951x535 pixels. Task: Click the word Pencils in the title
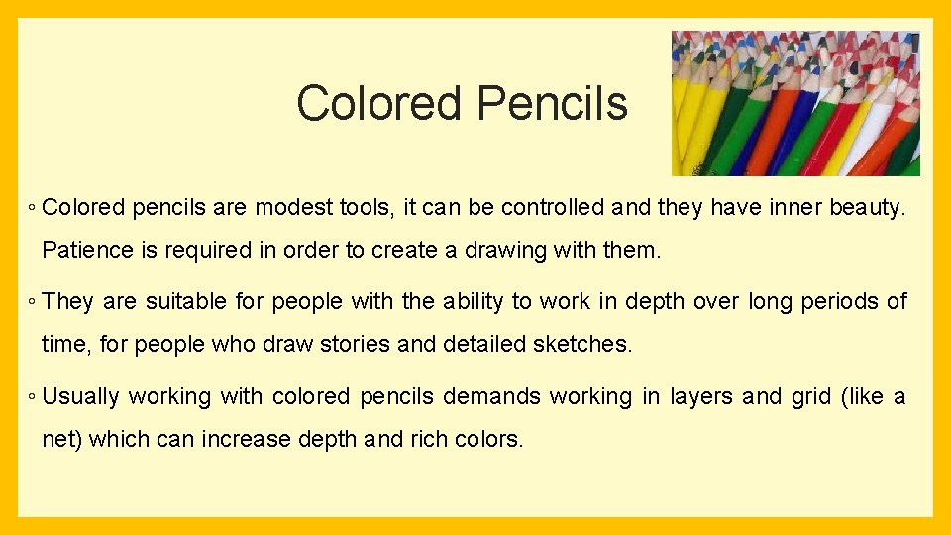[x=552, y=103]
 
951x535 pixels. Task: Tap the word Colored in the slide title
[x=379, y=103]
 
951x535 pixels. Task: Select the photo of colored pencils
[x=795, y=103]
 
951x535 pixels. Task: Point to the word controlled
[x=552, y=207]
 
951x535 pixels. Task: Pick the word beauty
[x=867, y=207]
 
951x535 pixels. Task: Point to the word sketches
[x=581, y=344]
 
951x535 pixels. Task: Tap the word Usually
[x=81, y=396]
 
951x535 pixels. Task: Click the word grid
[x=811, y=397]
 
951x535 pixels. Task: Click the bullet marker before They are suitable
[x=33, y=302]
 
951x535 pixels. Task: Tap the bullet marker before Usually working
[x=33, y=397]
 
